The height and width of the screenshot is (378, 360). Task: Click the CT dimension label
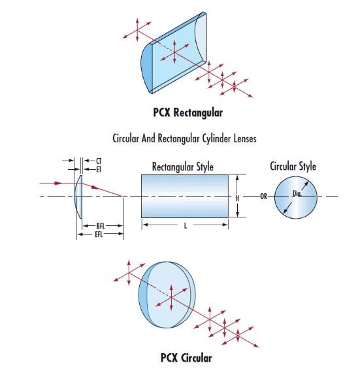point(99,161)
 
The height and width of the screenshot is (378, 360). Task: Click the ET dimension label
point(99,170)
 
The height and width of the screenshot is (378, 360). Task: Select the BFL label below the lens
point(101,226)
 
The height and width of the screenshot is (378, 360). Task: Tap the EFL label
point(99,234)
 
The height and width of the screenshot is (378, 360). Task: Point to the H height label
point(237,198)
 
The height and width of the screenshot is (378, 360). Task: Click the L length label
point(186,226)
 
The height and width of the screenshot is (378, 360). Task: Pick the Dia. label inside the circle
point(297,193)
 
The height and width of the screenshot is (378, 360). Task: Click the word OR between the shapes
point(264,197)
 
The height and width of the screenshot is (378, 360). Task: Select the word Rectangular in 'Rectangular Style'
point(172,167)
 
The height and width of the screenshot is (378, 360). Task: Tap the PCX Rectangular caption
point(188,112)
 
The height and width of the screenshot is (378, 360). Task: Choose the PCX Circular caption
point(186,358)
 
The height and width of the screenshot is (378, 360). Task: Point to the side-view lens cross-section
point(78,197)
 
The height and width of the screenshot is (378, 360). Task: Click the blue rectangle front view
point(185,196)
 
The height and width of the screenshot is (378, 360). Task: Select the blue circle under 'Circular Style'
point(296,197)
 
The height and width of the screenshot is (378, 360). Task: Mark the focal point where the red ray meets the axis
point(123,197)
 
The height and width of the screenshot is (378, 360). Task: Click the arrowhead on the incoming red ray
point(58,183)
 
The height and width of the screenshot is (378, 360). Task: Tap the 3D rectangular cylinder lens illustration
point(174,52)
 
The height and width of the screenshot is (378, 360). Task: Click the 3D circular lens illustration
point(167,294)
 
